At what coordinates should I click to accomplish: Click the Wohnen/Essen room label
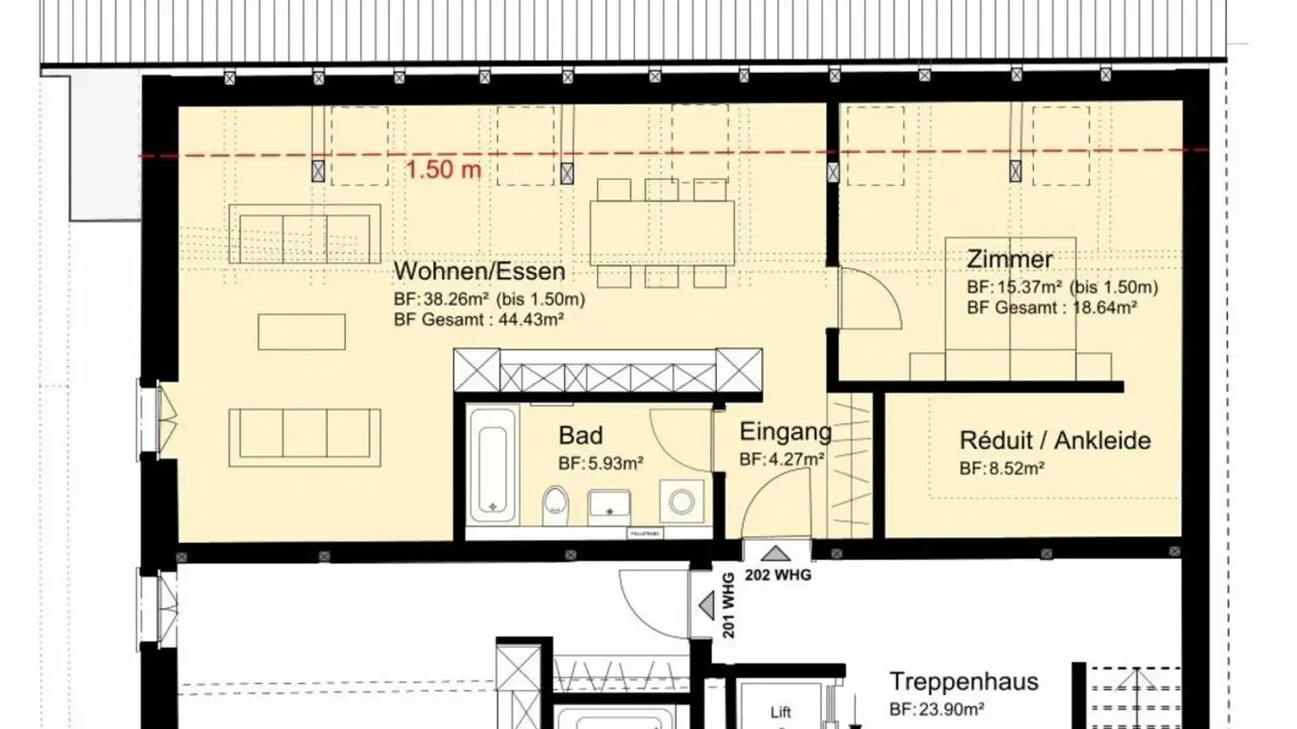[479, 271]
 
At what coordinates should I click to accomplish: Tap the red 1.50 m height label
[442, 170]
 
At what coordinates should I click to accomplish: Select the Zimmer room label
[1009, 260]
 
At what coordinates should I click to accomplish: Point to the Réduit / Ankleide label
[1055, 441]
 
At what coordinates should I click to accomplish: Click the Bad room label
[580, 436]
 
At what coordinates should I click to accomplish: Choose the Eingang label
[785, 433]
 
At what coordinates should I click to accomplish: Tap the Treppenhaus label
[964, 681]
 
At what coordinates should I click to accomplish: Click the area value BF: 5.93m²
[600, 464]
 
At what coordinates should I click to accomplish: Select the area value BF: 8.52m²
[1002, 469]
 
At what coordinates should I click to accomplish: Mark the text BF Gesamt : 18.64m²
[1051, 307]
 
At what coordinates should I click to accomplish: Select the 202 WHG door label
[776, 575]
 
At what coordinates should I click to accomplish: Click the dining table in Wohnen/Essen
[662, 232]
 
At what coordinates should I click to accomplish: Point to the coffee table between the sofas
[301, 331]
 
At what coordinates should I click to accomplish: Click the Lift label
[780, 713]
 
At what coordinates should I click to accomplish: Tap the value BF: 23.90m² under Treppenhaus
[937, 708]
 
